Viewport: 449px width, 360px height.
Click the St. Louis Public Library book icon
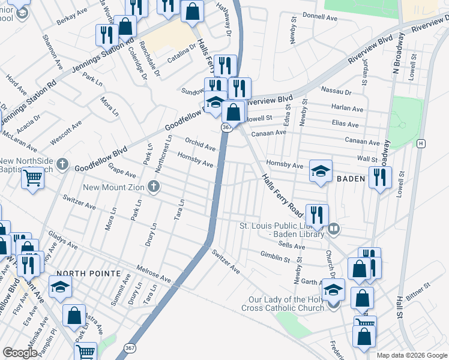[334, 229]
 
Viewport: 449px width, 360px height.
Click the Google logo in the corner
[20, 353]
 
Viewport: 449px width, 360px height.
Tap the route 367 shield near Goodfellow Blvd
[226, 128]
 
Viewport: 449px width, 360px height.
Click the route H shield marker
[421, 143]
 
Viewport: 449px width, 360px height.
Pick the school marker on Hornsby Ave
[321, 170]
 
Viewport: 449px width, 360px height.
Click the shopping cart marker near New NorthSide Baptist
[32, 177]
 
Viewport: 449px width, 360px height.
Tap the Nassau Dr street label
[336, 91]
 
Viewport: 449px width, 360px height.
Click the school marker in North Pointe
[61, 289]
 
